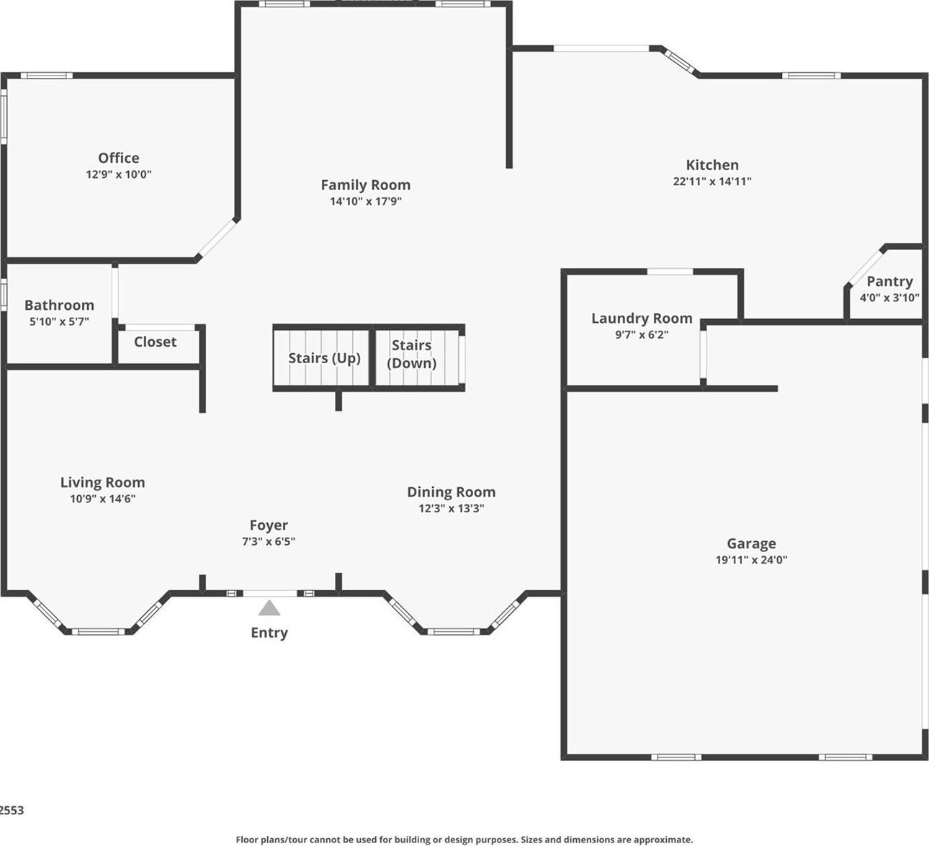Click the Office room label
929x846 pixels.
(119, 158)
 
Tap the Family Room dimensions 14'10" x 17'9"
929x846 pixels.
(365, 202)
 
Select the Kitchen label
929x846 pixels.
(712, 165)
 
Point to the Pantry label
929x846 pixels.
(889, 282)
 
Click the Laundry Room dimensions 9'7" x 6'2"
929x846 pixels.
(642, 334)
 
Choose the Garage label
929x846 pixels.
(751, 544)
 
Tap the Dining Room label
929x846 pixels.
(451, 492)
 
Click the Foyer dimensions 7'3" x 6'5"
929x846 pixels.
(268, 542)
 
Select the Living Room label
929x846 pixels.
(102, 483)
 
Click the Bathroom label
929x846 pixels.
(59, 306)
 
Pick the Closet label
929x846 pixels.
(155, 342)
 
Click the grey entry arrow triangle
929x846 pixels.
(269, 609)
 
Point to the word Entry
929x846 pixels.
(269, 633)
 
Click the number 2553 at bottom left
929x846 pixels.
(12, 810)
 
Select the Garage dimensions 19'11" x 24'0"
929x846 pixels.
(751, 560)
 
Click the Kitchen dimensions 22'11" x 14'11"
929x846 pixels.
(712, 182)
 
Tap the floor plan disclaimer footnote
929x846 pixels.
(464, 840)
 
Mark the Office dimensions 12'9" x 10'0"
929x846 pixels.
(119, 174)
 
